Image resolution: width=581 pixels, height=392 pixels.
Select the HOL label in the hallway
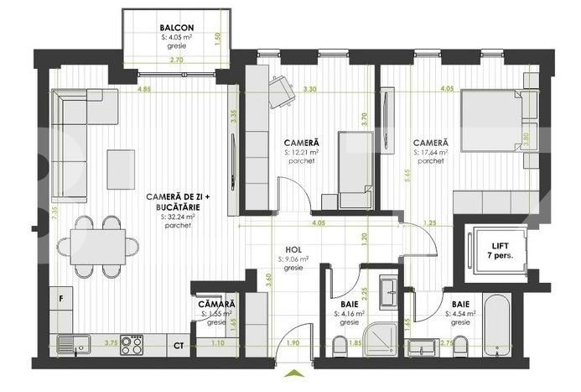tap(293, 248)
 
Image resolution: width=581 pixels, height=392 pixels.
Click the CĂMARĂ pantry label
tap(217, 304)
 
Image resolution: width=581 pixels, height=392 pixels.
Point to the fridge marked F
tap(61, 298)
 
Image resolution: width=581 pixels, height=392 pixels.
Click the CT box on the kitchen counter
tap(179, 344)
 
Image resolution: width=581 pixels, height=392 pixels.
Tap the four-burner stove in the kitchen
tap(132, 344)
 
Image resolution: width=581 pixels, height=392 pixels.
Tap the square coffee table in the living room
tap(122, 169)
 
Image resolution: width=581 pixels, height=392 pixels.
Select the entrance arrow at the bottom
tap(293, 374)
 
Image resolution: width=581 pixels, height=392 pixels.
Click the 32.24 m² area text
tap(177, 216)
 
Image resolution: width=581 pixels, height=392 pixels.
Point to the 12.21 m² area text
tap(301, 153)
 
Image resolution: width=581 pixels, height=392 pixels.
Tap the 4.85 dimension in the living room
tap(144, 89)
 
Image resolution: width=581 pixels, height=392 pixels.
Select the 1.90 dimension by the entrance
tap(293, 343)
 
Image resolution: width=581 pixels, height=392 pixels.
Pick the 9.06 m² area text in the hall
tap(294, 259)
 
